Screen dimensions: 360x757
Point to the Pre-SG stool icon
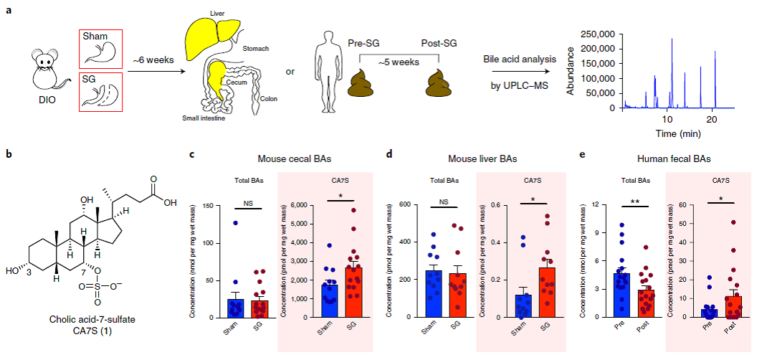pyautogui.click(x=363, y=82)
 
